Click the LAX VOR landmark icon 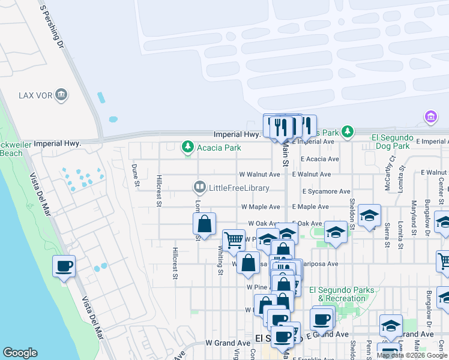[x=61, y=95]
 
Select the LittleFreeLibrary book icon [x=199, y=188]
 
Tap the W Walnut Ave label [x=259, y=175]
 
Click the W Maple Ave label [x=261, y=206]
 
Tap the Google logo [x=20, y=353]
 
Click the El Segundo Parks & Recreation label [x=342, y=294]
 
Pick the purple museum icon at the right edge [x=430, y=116]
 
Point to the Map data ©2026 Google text [x=412, y=355]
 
